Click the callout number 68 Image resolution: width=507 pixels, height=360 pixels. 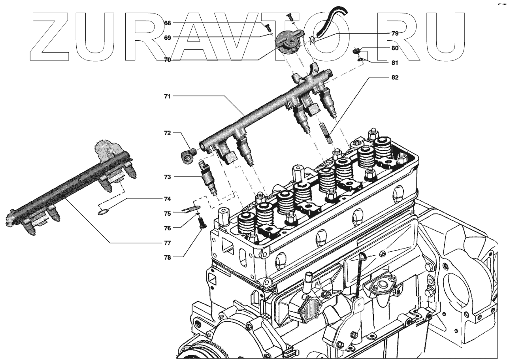click(x=168, y=23)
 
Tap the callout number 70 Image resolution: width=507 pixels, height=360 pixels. click(x=168, y=60)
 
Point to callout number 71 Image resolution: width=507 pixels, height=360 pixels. click(x=168, y=96)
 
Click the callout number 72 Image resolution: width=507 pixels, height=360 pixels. click(x=168, y=133)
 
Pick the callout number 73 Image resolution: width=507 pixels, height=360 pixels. click(x=168, y=177)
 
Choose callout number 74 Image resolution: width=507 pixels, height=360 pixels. click(x=168, y=199)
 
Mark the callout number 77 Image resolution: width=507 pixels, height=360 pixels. click(x=168, y=243)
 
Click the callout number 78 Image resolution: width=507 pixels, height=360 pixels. click(x=168, y=257)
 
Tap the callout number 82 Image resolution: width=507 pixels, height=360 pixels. click(x=395, y=77)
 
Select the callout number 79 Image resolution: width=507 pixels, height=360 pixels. click(x=395, y=34)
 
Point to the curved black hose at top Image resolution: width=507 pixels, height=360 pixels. click(x=331, y=22)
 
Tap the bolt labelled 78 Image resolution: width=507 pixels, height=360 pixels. click(x=202, y=222)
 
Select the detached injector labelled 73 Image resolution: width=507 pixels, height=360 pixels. click(x=209, y=178)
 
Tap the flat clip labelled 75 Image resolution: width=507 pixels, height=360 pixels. click(x=192, y=209)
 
